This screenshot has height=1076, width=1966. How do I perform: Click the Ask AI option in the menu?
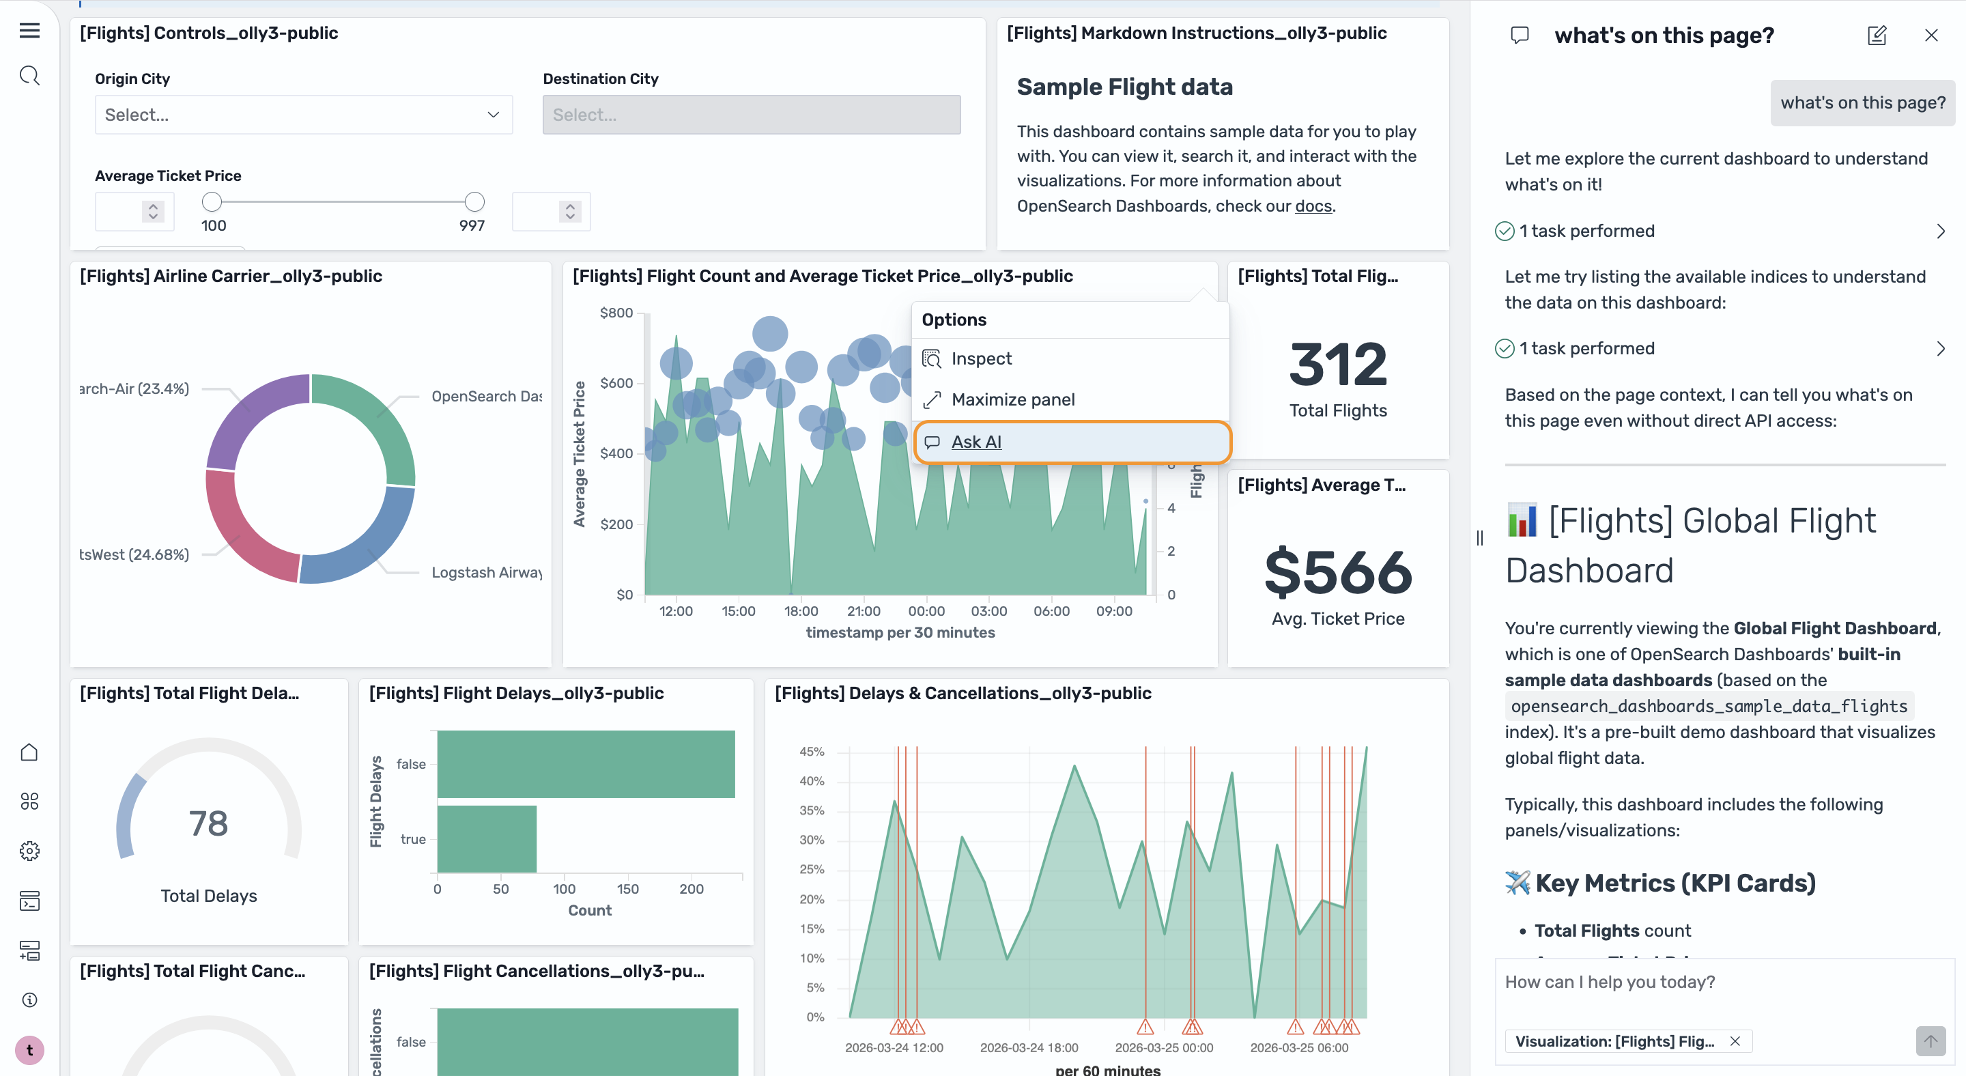(976, 442)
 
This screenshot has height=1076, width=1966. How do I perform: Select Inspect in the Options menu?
(981, 358)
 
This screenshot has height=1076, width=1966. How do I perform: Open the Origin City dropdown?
(303, 115)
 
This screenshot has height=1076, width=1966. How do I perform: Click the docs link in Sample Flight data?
(1313, 206)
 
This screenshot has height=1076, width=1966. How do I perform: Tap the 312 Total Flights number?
(1337, 365)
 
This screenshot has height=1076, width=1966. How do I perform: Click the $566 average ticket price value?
(1338, 572)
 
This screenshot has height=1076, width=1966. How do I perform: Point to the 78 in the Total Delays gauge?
(208, 823)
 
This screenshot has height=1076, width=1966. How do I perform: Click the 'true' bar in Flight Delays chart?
(487, 838)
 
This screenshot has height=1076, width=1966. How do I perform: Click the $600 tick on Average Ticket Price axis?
(616, 383)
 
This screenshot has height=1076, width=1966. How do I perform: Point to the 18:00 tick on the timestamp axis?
(801, 611)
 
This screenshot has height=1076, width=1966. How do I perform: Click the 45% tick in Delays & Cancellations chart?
(812, 752)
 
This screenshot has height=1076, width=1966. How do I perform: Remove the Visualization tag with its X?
(1735, 1041)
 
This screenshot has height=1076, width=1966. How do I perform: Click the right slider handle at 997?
(474, 201)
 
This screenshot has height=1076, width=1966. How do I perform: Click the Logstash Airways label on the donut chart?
(486, 572)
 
